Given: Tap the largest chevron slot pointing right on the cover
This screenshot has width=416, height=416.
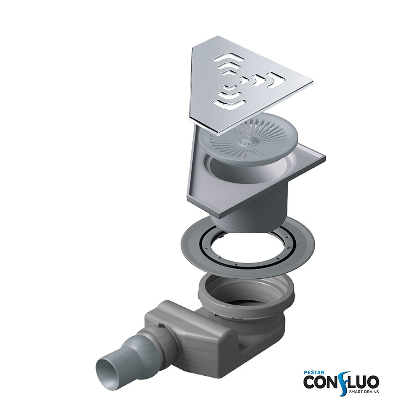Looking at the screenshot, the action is [x=277, y=79].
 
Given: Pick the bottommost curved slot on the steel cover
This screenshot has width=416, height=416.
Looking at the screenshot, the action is [x=230, y=104].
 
